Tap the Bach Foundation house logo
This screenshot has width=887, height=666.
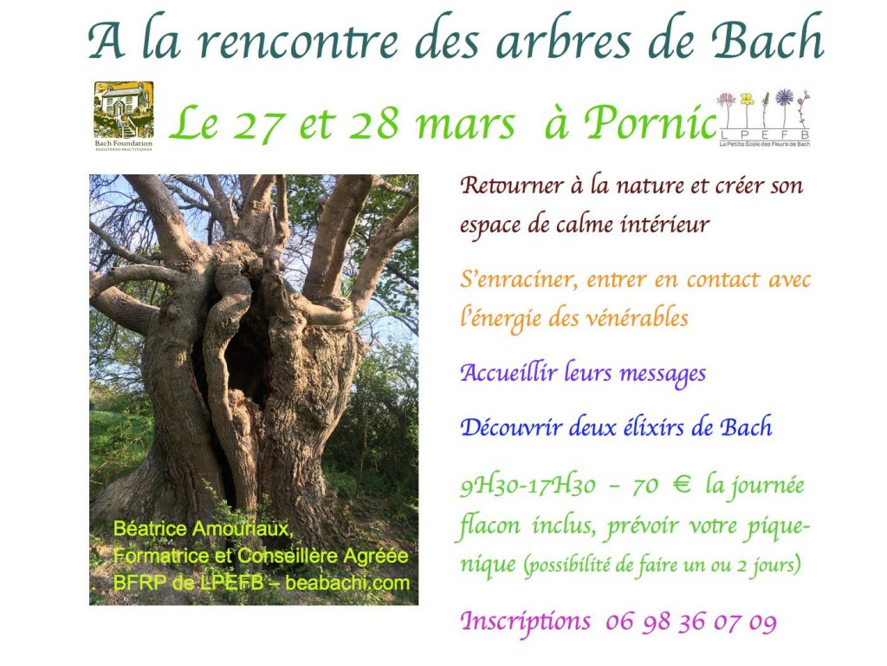[124, 116]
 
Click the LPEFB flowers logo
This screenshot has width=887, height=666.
[764, 118]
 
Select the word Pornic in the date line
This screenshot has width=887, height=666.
[651, 122]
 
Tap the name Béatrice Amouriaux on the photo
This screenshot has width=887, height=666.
[203, 528]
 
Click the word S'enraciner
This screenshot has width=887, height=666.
[520, 280]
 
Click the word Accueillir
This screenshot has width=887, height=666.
[508, 373]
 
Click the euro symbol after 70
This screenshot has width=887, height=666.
[682, 486]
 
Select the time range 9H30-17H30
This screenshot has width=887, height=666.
[528, 486]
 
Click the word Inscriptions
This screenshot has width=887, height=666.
[525, 622]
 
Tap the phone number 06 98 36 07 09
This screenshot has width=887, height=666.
[690, 623]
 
